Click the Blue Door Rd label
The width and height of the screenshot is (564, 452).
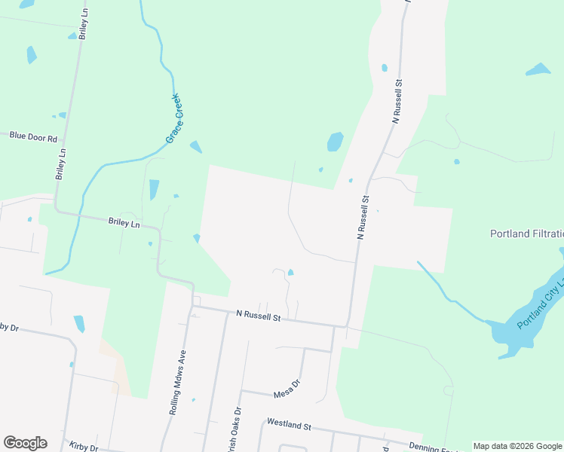[x=33, y=137]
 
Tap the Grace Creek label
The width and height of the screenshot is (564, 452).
[x=179, y=119]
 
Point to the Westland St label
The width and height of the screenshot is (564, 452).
[x=288, y=426]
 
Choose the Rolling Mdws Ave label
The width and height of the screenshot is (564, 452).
[x=176, y=383]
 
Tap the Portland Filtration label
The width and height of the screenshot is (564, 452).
[x=526, y=234]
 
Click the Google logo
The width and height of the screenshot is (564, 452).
[x=25, y=443]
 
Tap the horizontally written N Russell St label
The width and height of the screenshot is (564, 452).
[x=258, y=316]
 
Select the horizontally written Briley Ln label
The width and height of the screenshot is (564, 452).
[x=124, y=224]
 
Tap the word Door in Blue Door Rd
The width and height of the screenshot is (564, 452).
[x=33, y=137]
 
